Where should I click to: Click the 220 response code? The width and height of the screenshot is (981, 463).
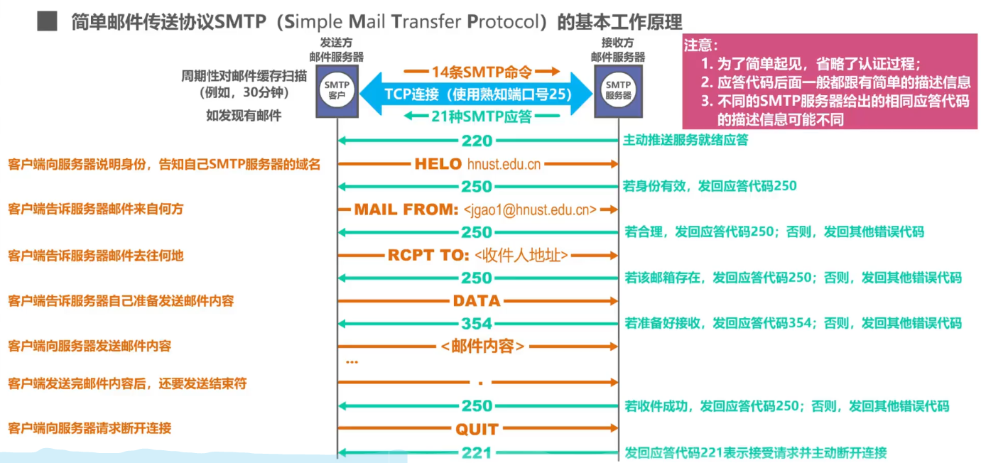coord(477,141)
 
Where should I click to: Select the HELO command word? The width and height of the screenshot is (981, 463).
coord(438,164)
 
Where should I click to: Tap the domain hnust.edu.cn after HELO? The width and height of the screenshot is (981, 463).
coord(504,165)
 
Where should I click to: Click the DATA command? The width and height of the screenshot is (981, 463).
coord(477,301)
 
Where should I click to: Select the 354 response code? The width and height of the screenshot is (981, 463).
coord(477,324)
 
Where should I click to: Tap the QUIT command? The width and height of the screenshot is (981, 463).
coord(477,429)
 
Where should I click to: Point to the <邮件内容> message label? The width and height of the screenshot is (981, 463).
coord(482,347)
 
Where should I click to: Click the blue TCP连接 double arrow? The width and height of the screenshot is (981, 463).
coord(477,94)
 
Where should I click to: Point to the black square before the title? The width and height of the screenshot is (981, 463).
coord(47,21)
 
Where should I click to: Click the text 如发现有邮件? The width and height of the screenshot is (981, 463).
coord(244,116)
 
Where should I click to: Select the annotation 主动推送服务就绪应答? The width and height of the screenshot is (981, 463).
coord(685,141)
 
